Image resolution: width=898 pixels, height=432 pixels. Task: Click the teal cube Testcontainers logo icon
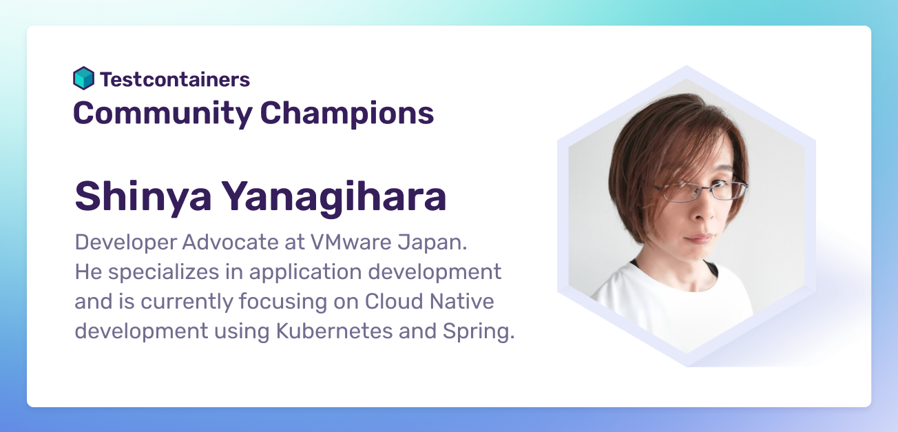(x=83, y=79)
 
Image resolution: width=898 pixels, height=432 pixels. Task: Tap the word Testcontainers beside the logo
(x=175, y=79)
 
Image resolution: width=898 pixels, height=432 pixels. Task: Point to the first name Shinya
(x=141, y=196)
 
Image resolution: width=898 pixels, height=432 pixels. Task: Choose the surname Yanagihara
(x=334, y=196)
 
